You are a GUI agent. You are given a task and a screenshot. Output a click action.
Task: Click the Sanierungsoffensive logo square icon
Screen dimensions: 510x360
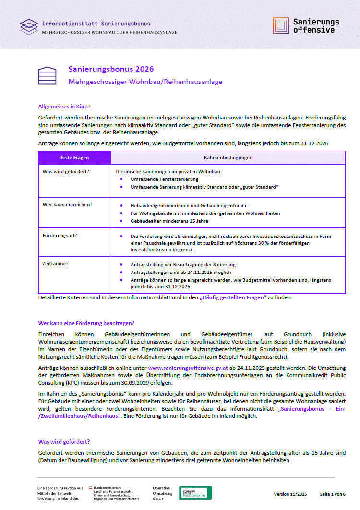[281, 25]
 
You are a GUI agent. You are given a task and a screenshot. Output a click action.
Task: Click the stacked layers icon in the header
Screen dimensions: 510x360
[29, 26]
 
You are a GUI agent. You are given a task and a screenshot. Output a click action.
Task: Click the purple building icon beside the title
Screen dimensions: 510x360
[48, 75]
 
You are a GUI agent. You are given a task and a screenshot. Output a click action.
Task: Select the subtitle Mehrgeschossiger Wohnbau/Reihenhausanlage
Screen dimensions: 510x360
[145, 82]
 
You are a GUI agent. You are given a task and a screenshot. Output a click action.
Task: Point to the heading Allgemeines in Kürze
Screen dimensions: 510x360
[64, 107]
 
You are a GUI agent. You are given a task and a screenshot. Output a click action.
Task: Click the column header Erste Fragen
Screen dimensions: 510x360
[74, 157]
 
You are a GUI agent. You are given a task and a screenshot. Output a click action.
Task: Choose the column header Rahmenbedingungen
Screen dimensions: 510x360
[228, 157]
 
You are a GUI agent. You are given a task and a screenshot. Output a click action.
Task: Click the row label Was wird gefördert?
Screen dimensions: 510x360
[62, 171]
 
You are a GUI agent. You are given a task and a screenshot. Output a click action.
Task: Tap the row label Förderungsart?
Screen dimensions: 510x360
[60, 236]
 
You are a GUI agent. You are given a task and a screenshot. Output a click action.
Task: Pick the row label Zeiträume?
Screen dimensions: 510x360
[55, 264]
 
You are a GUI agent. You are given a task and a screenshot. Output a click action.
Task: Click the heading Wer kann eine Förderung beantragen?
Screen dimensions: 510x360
[86, 323]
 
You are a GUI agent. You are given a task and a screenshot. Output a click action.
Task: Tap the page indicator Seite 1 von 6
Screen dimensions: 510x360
[333, 494]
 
